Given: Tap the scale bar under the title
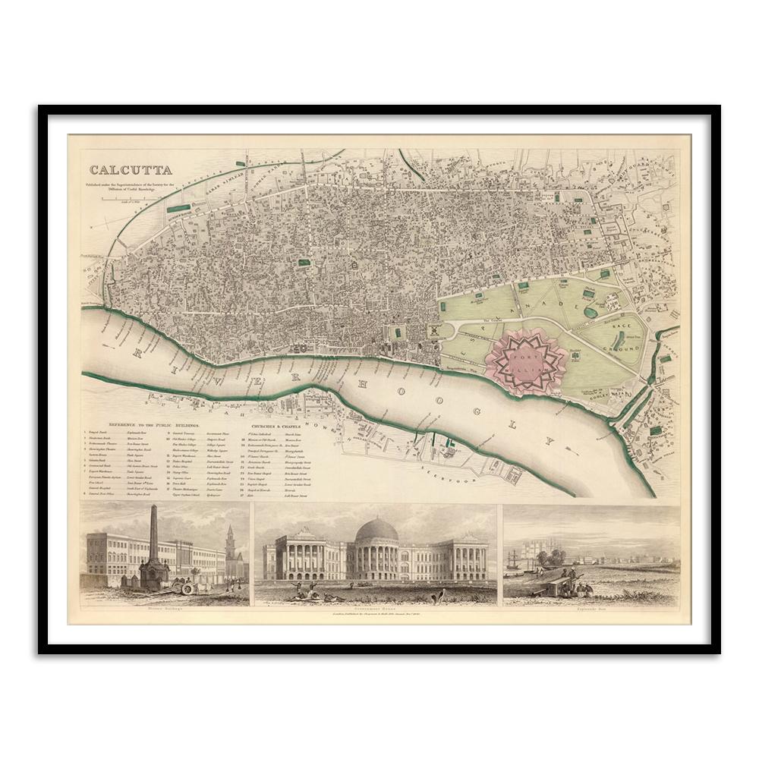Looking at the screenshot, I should (126, 197).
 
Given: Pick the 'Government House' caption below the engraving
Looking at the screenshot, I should (375, 607).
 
